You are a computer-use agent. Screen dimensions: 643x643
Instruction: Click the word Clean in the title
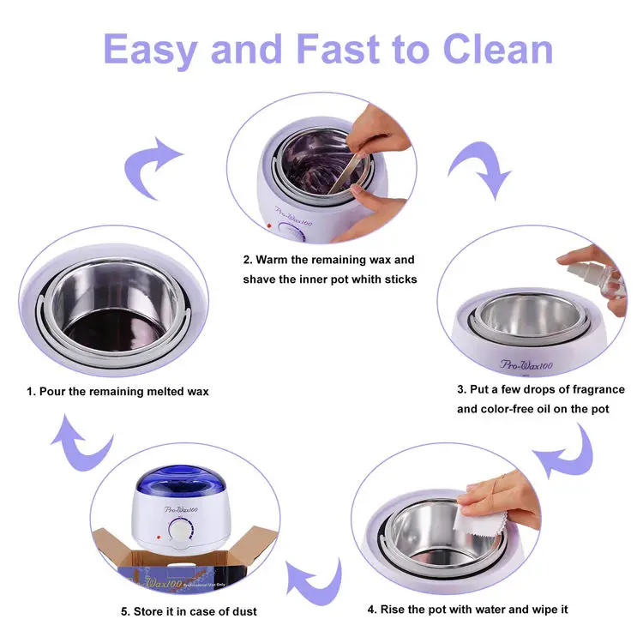point(498,49)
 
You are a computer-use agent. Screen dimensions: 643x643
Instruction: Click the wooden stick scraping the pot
point(346,173)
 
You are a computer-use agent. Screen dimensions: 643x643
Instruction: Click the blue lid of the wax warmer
point(180,481)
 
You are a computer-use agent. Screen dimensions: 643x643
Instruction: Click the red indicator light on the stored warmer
point(159,537)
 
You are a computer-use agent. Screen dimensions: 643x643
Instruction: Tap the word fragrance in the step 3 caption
point(598,390)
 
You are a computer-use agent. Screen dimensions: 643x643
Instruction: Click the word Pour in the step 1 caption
point(52,392)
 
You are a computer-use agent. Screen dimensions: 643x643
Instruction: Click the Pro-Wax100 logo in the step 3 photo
point(526,364)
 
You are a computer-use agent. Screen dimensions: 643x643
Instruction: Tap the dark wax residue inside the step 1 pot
point(114,329)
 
